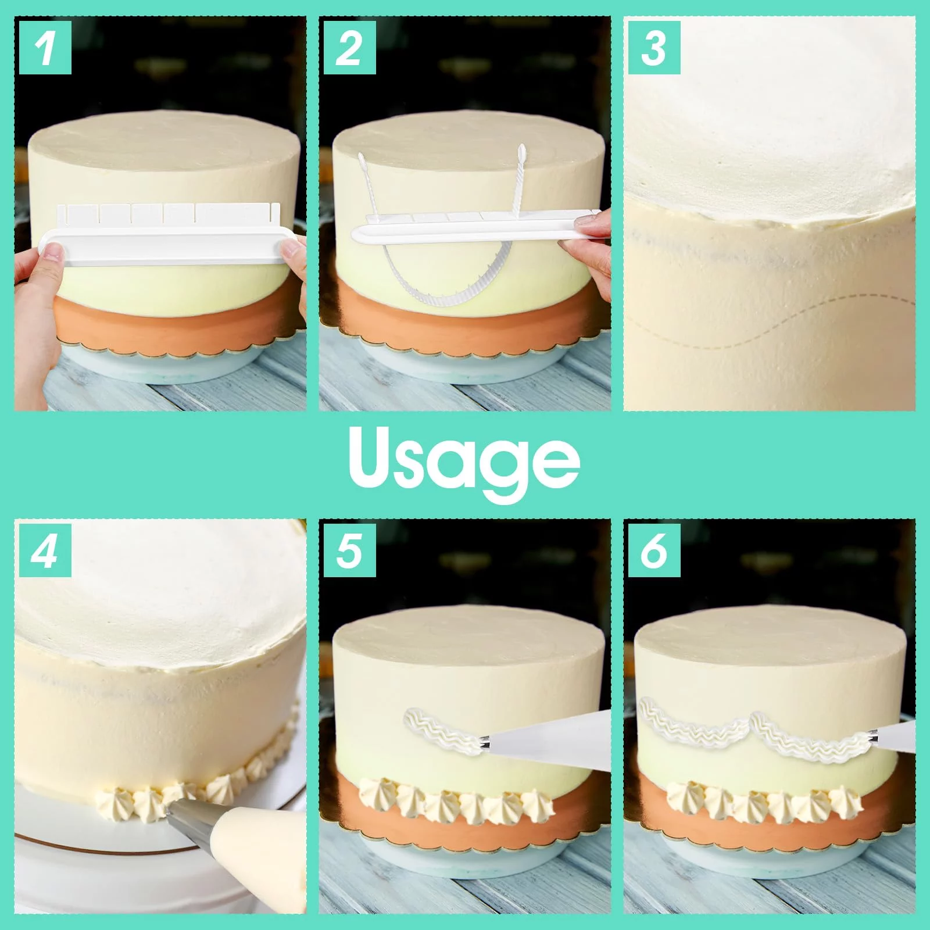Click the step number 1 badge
click(x=45, y=48)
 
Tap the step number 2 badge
click(x=349, y=48)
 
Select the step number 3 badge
click(x=654, y=48)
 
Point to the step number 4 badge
click(x=45, y=550)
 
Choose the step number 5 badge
click(x=349, y=550)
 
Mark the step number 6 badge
click(x=654, y=550)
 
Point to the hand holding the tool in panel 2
click(x=586, y=244)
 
